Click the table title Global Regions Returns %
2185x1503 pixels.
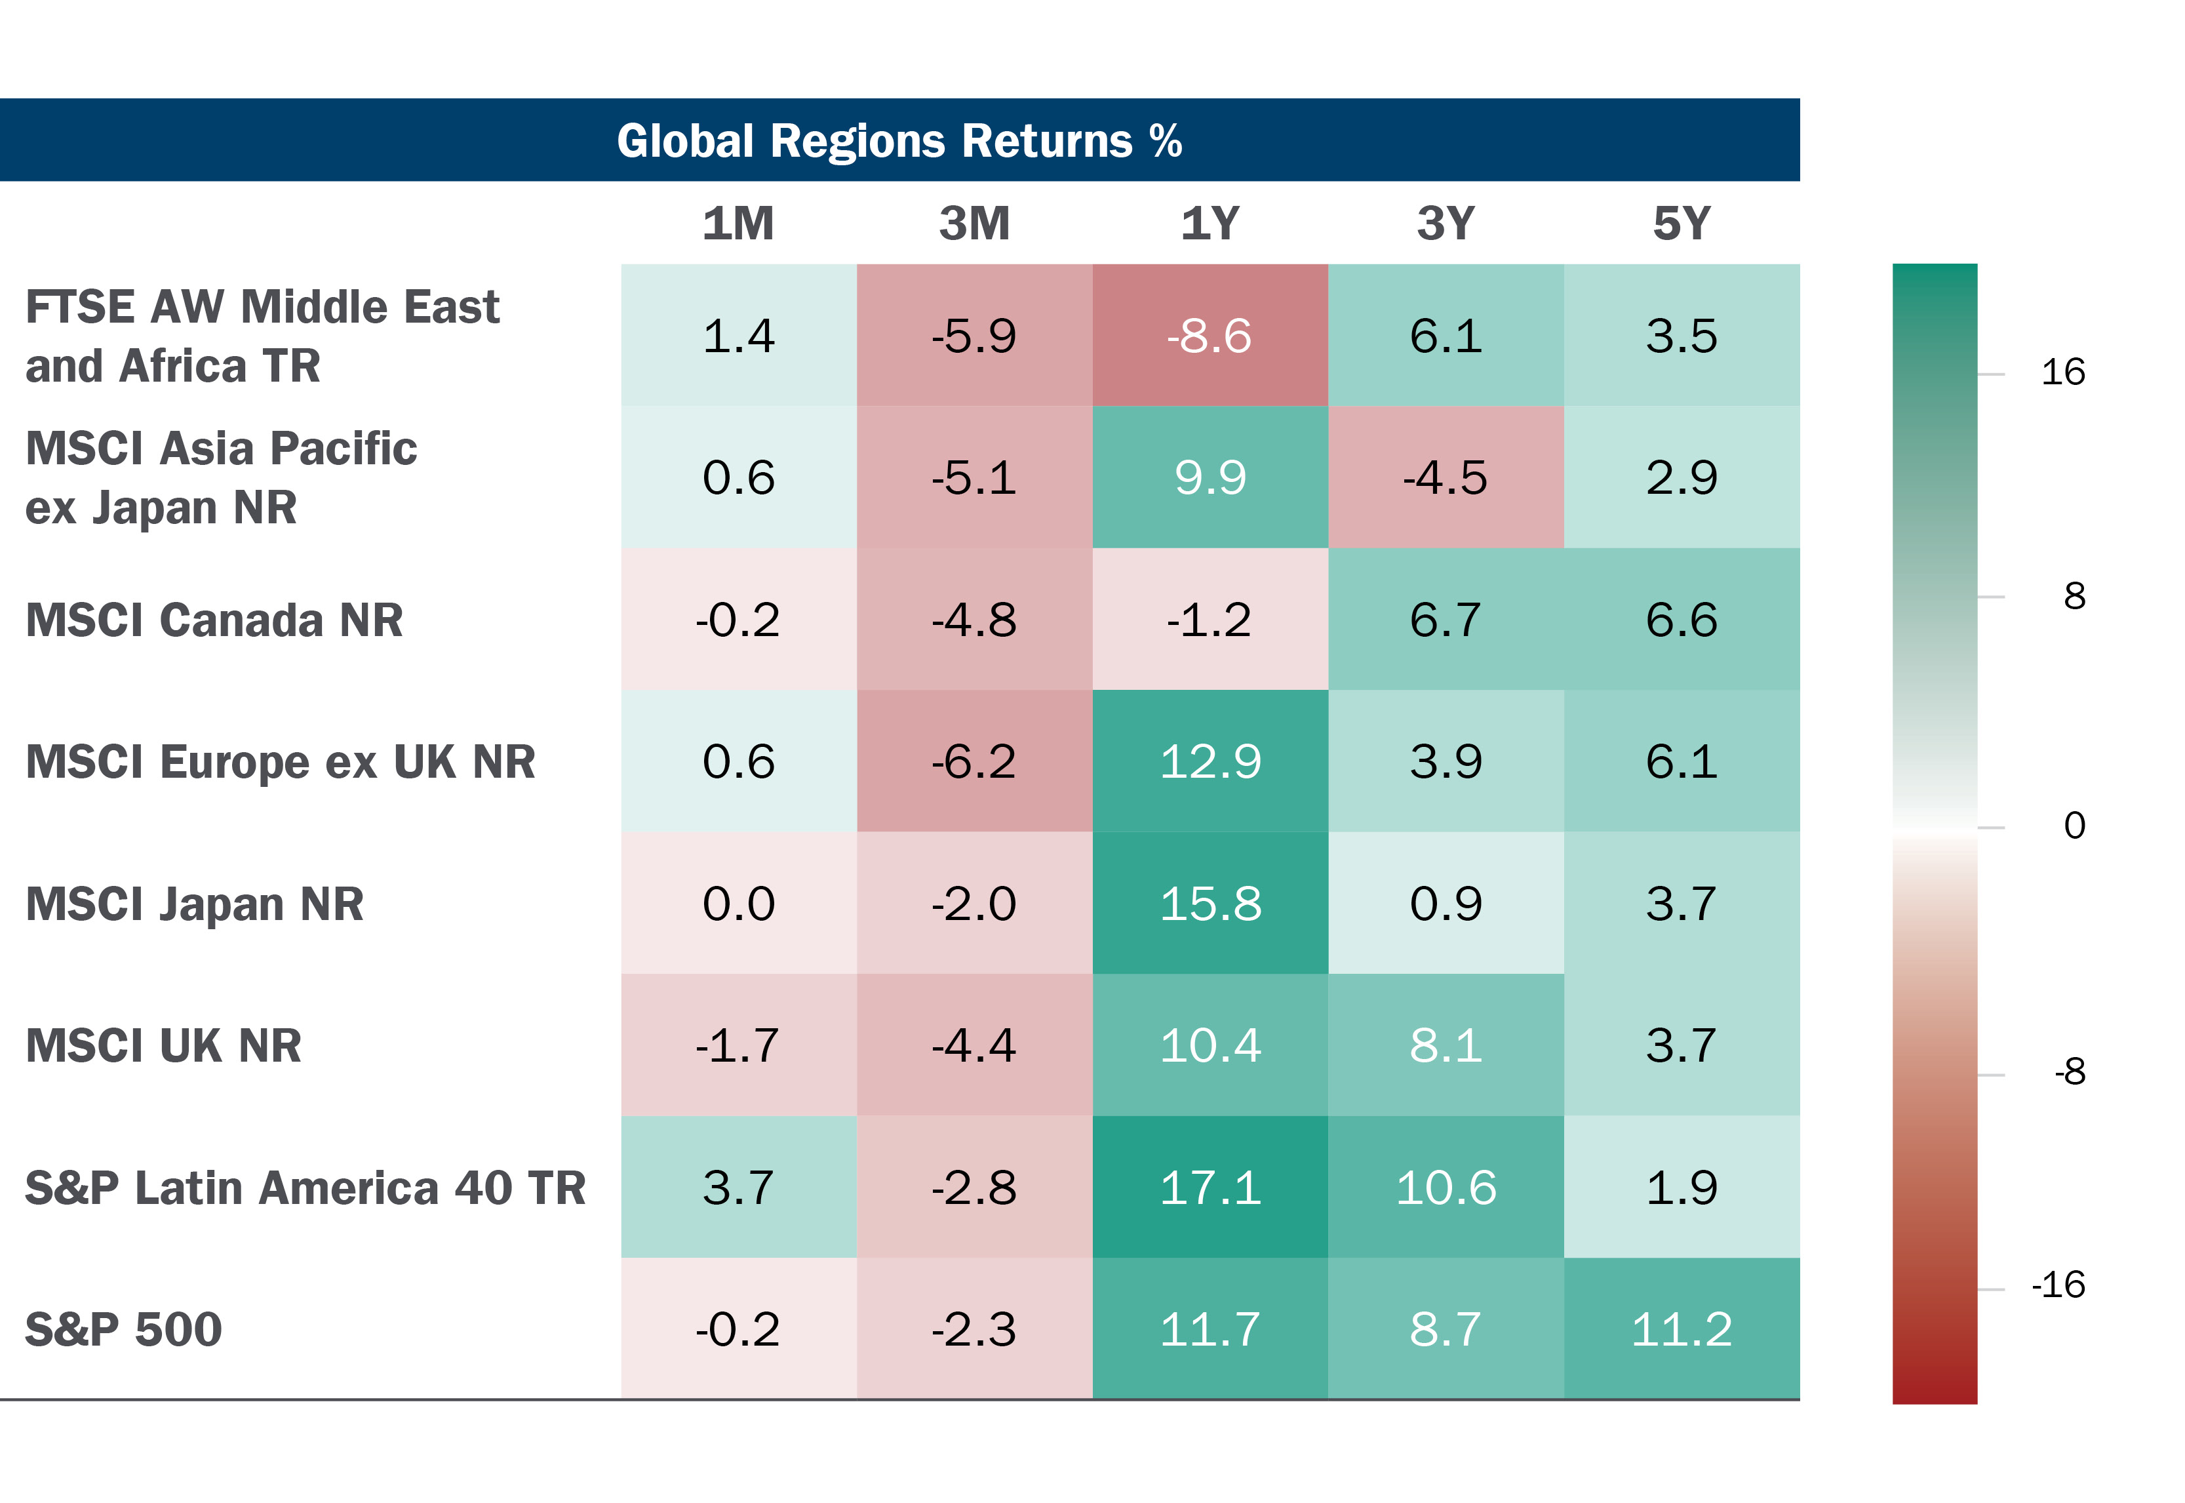899,140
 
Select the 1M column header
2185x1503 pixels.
738,224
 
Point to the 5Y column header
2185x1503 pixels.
1682,224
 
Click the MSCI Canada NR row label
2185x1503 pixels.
214,620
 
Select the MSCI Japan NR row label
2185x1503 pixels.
194,904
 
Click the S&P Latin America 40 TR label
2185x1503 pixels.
305,1188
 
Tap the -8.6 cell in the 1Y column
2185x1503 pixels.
1210,336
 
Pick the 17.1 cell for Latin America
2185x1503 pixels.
1210,1188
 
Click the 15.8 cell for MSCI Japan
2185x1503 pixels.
1210,904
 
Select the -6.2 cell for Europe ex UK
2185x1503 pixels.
974,762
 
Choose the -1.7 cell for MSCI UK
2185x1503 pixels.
738,1045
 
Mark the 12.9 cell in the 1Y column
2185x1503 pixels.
1210,762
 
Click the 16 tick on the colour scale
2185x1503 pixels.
2062,373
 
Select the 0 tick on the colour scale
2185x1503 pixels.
2074,826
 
